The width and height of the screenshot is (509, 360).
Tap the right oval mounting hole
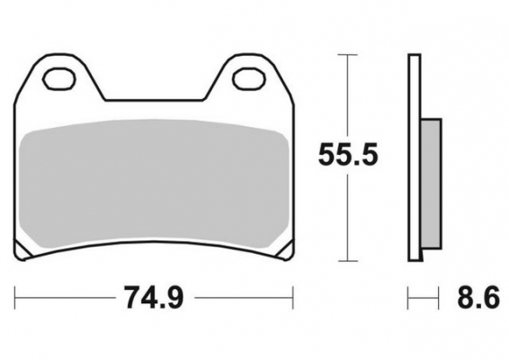click(x=246, y=78)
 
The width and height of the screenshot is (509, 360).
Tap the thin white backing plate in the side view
click(x=415, y=157)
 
